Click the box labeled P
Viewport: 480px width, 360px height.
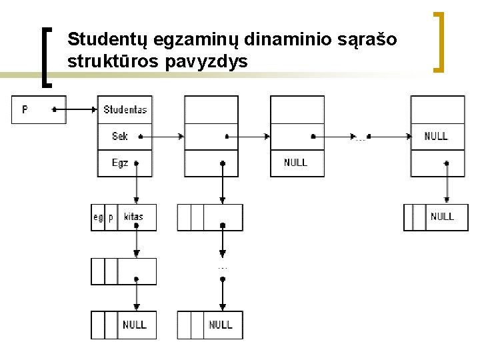[x=38, y=109]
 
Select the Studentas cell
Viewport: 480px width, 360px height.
[x=125, y=109]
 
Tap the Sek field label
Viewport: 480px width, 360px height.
[x=120, y=136]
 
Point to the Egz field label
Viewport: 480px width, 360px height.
[x=120, y=163]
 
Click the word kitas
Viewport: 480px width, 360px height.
[x=133, y=217]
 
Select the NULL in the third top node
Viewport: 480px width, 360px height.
[x=295, y=163]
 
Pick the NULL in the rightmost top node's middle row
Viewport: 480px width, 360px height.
[x=436, y=136]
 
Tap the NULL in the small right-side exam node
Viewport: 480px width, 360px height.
[x=442, y=217]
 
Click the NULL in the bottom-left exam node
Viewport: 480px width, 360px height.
[x=135, y=325]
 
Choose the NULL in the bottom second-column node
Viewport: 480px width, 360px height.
[x=221, y=325]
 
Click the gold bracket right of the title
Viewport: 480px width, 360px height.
[x=440, y=41]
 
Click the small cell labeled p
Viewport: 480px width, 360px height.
[x=111, y=217]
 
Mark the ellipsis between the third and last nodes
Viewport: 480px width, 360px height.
[x=361, y=139]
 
